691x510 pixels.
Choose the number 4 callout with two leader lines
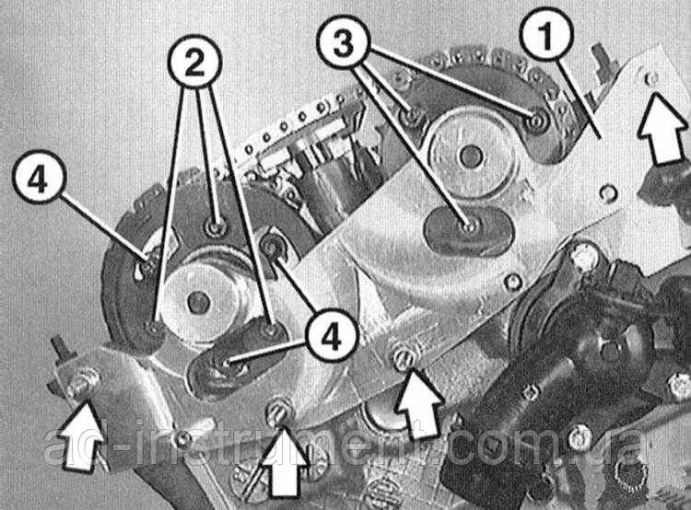332,337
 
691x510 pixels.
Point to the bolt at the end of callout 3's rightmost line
536,122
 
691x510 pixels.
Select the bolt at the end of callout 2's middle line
216,227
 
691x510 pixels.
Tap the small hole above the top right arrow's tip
651,79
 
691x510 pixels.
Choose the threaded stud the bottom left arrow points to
81,381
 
